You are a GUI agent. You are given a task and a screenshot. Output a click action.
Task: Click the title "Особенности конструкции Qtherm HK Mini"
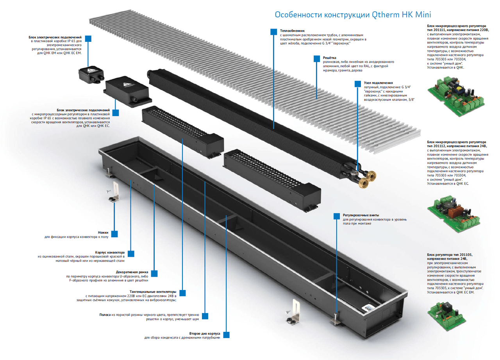(x=353, y=15)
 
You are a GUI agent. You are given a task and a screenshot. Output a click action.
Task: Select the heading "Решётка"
(x=329, y=58)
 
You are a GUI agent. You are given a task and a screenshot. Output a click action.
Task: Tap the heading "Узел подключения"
(x=378, y=83)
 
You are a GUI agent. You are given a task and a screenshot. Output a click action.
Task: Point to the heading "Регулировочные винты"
(x=361, y=215)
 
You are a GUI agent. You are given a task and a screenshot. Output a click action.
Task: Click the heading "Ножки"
(x=103, y=233)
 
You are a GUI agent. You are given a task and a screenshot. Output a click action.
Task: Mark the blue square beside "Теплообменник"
(x=274, y=32)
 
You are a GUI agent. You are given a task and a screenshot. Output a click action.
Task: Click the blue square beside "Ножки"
(x=114, y=234)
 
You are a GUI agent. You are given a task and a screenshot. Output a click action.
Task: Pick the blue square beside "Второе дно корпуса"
(x=226, y=335)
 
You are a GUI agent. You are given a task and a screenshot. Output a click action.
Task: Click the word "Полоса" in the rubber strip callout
(x=104, y=314)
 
